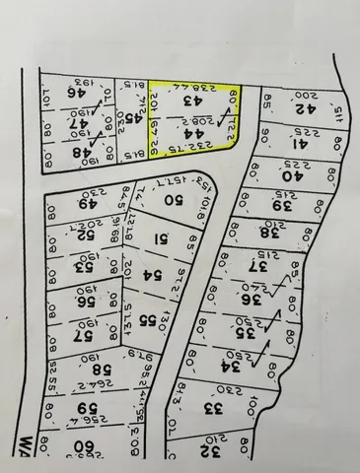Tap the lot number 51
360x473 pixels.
163,237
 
